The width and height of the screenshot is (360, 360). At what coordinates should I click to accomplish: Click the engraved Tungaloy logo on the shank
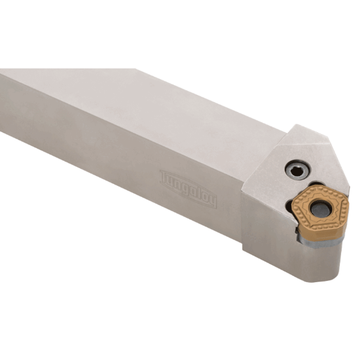(188, 189)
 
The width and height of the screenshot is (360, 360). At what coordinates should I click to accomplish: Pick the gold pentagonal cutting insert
(320, 208)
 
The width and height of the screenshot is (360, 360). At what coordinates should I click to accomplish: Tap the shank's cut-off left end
(5, 98)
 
